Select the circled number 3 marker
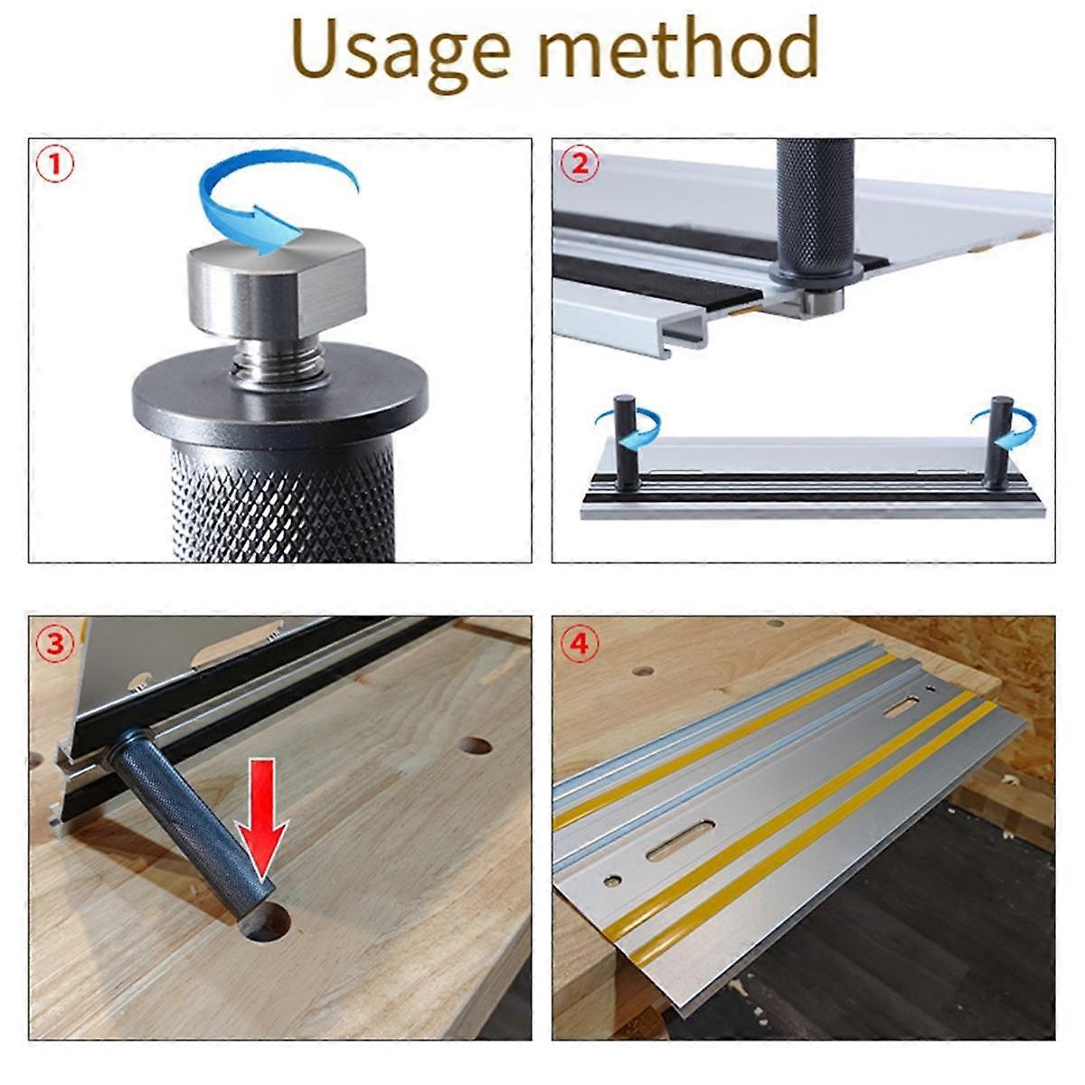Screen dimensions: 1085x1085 coord(53,643)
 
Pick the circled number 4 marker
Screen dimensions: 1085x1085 coord(579,643)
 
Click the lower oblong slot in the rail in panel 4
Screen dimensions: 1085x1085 coord(680,841)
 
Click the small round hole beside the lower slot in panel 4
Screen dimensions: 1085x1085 coord(614,879)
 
